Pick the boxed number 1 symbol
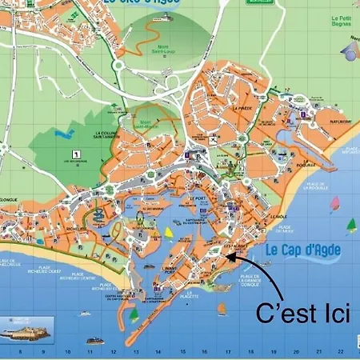[x=74, y=154]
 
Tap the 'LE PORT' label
[x=198, y=198]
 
